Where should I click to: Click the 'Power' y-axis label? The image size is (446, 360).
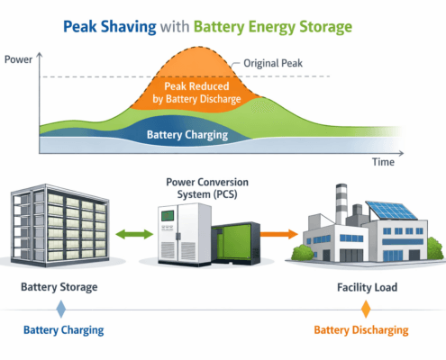point(19,60)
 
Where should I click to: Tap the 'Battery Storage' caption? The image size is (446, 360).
point(59,289)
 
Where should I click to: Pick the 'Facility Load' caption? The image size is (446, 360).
point(365,289)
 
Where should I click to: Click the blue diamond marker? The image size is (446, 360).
point(60,309)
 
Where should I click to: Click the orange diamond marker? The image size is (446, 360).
point(366,309)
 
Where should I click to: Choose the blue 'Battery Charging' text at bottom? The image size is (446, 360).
point(60,329)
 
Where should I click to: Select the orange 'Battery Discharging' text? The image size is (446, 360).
point(365,329)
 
